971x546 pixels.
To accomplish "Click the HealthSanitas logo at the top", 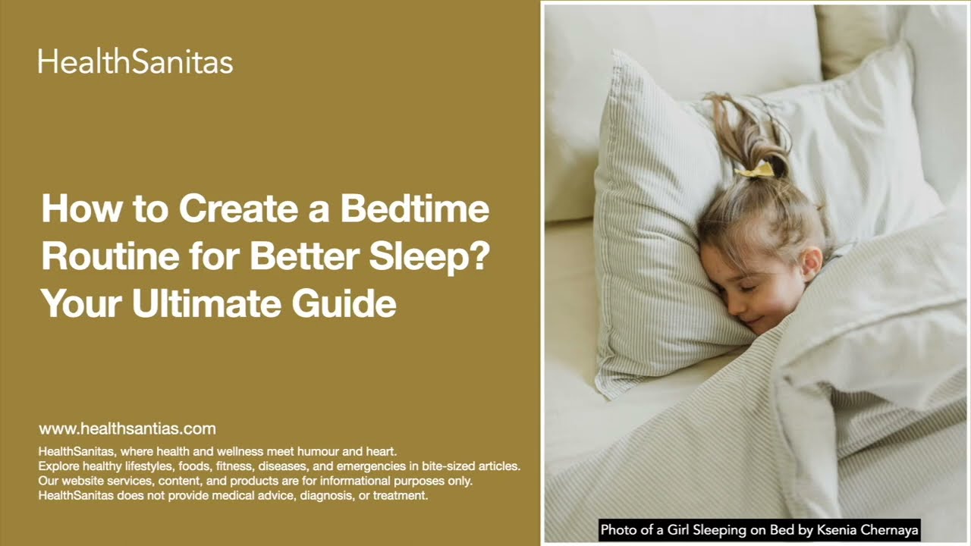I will (x=135, y=61).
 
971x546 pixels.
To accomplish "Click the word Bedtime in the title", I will (x=415, y=209).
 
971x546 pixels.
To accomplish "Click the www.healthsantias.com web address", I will (x=127, y=428).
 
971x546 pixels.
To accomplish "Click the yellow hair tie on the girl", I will (x=754, y=169).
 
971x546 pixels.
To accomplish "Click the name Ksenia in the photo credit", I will (x=837, y=530).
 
